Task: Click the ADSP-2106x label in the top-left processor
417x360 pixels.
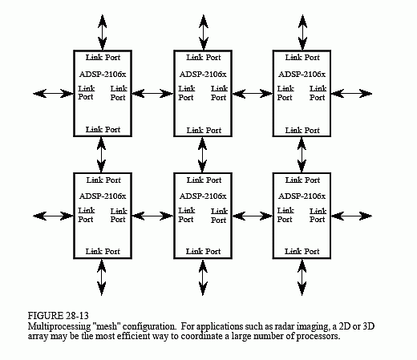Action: (103, 74)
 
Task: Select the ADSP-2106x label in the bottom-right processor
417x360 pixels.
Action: (302, 196)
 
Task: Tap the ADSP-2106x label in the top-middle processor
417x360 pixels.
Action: (203, 74)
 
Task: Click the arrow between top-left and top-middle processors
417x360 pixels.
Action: (152, 94)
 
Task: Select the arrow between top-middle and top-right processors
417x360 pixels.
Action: (253, 94)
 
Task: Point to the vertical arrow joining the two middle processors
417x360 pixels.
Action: (202, 155)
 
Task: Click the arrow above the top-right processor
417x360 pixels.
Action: (302, 32)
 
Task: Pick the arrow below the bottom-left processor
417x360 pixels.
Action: (101, 277)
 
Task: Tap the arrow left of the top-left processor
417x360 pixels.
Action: (53, 94)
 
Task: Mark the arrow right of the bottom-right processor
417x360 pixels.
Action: (351, 216)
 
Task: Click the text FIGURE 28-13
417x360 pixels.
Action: (58, 316)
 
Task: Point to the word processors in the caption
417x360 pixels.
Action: (318, 336)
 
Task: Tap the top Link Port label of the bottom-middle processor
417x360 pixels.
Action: (204, 180)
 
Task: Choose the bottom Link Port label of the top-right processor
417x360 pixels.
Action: (302, 130)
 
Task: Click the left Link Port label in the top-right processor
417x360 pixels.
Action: (285, 93)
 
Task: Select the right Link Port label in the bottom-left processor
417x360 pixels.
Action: (119, 216)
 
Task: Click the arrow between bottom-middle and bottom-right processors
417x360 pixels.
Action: (253, 216)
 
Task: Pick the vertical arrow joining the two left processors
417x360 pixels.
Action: (101, 155)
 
